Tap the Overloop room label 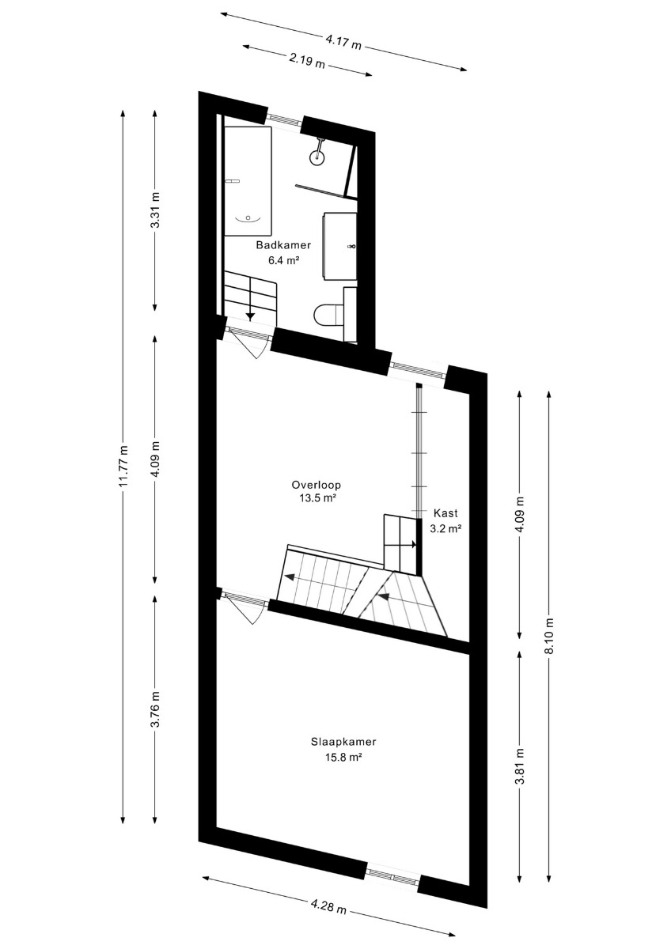(x=317, y=485)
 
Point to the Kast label (x=445, y=513)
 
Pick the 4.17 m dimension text (x=343, y=43)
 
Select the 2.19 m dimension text (x=307, y=62)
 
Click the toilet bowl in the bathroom (x=325, y=315)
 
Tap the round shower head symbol (x=317, y=158)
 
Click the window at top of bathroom (x=285, y=120)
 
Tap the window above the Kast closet (x=418, y=369)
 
